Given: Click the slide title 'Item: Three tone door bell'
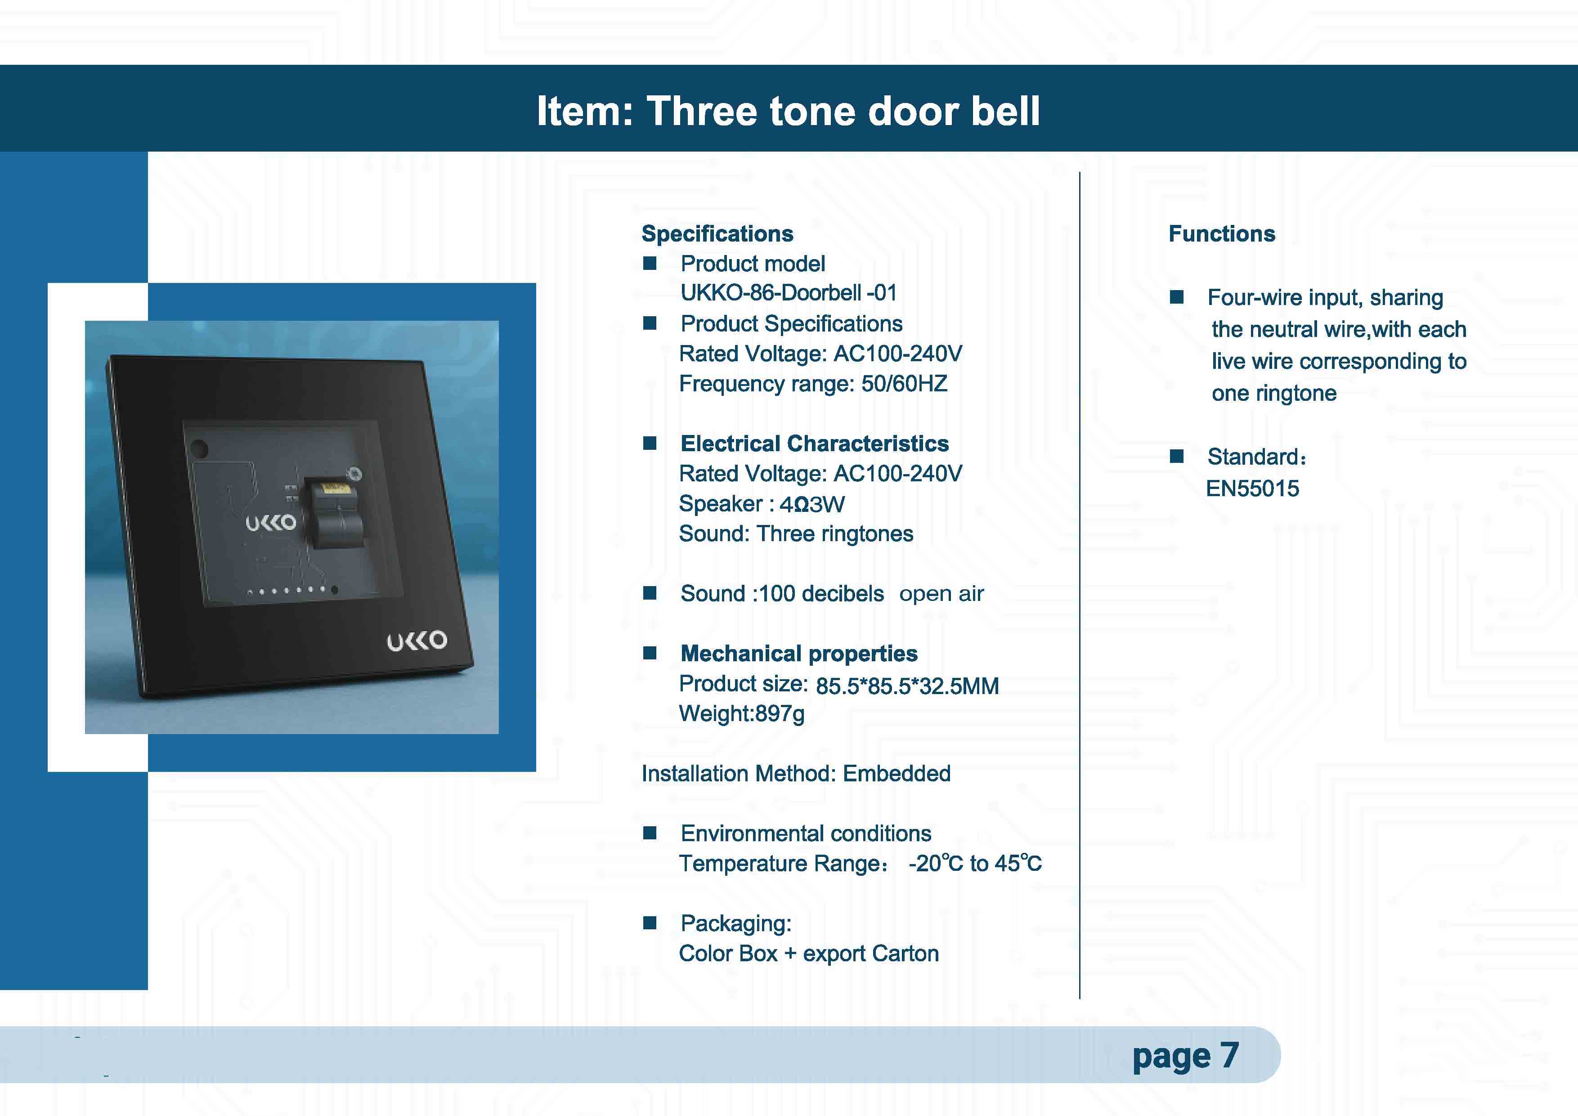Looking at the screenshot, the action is [x=788, y=111].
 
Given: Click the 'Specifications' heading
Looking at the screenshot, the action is [x=717, y=233].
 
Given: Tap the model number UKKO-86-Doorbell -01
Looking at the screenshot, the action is [x=788, y=293].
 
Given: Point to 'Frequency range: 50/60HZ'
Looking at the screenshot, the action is [x=813, y=383].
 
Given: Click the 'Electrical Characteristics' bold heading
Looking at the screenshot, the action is [x=815, y=443].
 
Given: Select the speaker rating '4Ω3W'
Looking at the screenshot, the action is [x=811, y=504].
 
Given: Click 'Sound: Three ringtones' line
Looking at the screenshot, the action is [x=796, y=534].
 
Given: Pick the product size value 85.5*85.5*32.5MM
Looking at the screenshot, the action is [x=907, y=686].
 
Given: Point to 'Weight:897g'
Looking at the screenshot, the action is [x=742, y=714].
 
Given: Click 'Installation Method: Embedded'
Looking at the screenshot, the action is [x=796, y=774].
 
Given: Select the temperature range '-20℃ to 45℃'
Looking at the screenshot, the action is [x=975, y=863].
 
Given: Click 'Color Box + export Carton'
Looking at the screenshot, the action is [x=809, y=954].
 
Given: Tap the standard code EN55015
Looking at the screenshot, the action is [x=1252, y=489].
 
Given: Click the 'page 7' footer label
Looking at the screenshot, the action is [x=1186, y=1056].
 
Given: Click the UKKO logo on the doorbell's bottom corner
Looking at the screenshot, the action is [x=417, y=641].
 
